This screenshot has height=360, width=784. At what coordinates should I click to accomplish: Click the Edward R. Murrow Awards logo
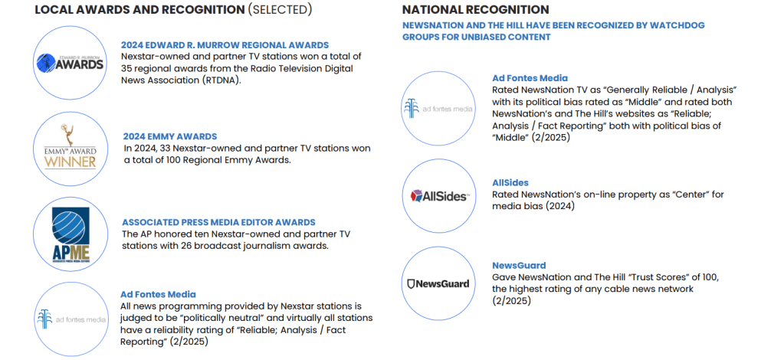click(x=70, y=63)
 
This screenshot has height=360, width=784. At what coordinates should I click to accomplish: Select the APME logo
click(x=71, y=234)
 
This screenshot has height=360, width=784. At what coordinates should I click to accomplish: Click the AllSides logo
click(x=439, y=196)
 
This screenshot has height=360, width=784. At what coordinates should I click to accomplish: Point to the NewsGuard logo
click(x=438, y=284)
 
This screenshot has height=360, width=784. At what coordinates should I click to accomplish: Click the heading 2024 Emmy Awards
click(x=170, y=136)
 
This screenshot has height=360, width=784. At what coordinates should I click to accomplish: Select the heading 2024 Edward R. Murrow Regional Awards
click(x=225, y=45)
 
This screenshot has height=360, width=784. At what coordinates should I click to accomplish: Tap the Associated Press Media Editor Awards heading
click(x=218, y=222)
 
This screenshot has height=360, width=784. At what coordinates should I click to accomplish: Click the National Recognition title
click(x=475, y=9)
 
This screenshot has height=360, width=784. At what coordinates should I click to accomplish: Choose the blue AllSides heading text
click(x=510, y=183)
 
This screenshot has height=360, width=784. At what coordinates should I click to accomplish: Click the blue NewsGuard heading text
click(x=519, y=266)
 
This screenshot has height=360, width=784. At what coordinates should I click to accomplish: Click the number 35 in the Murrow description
click(x=126, y=68)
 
